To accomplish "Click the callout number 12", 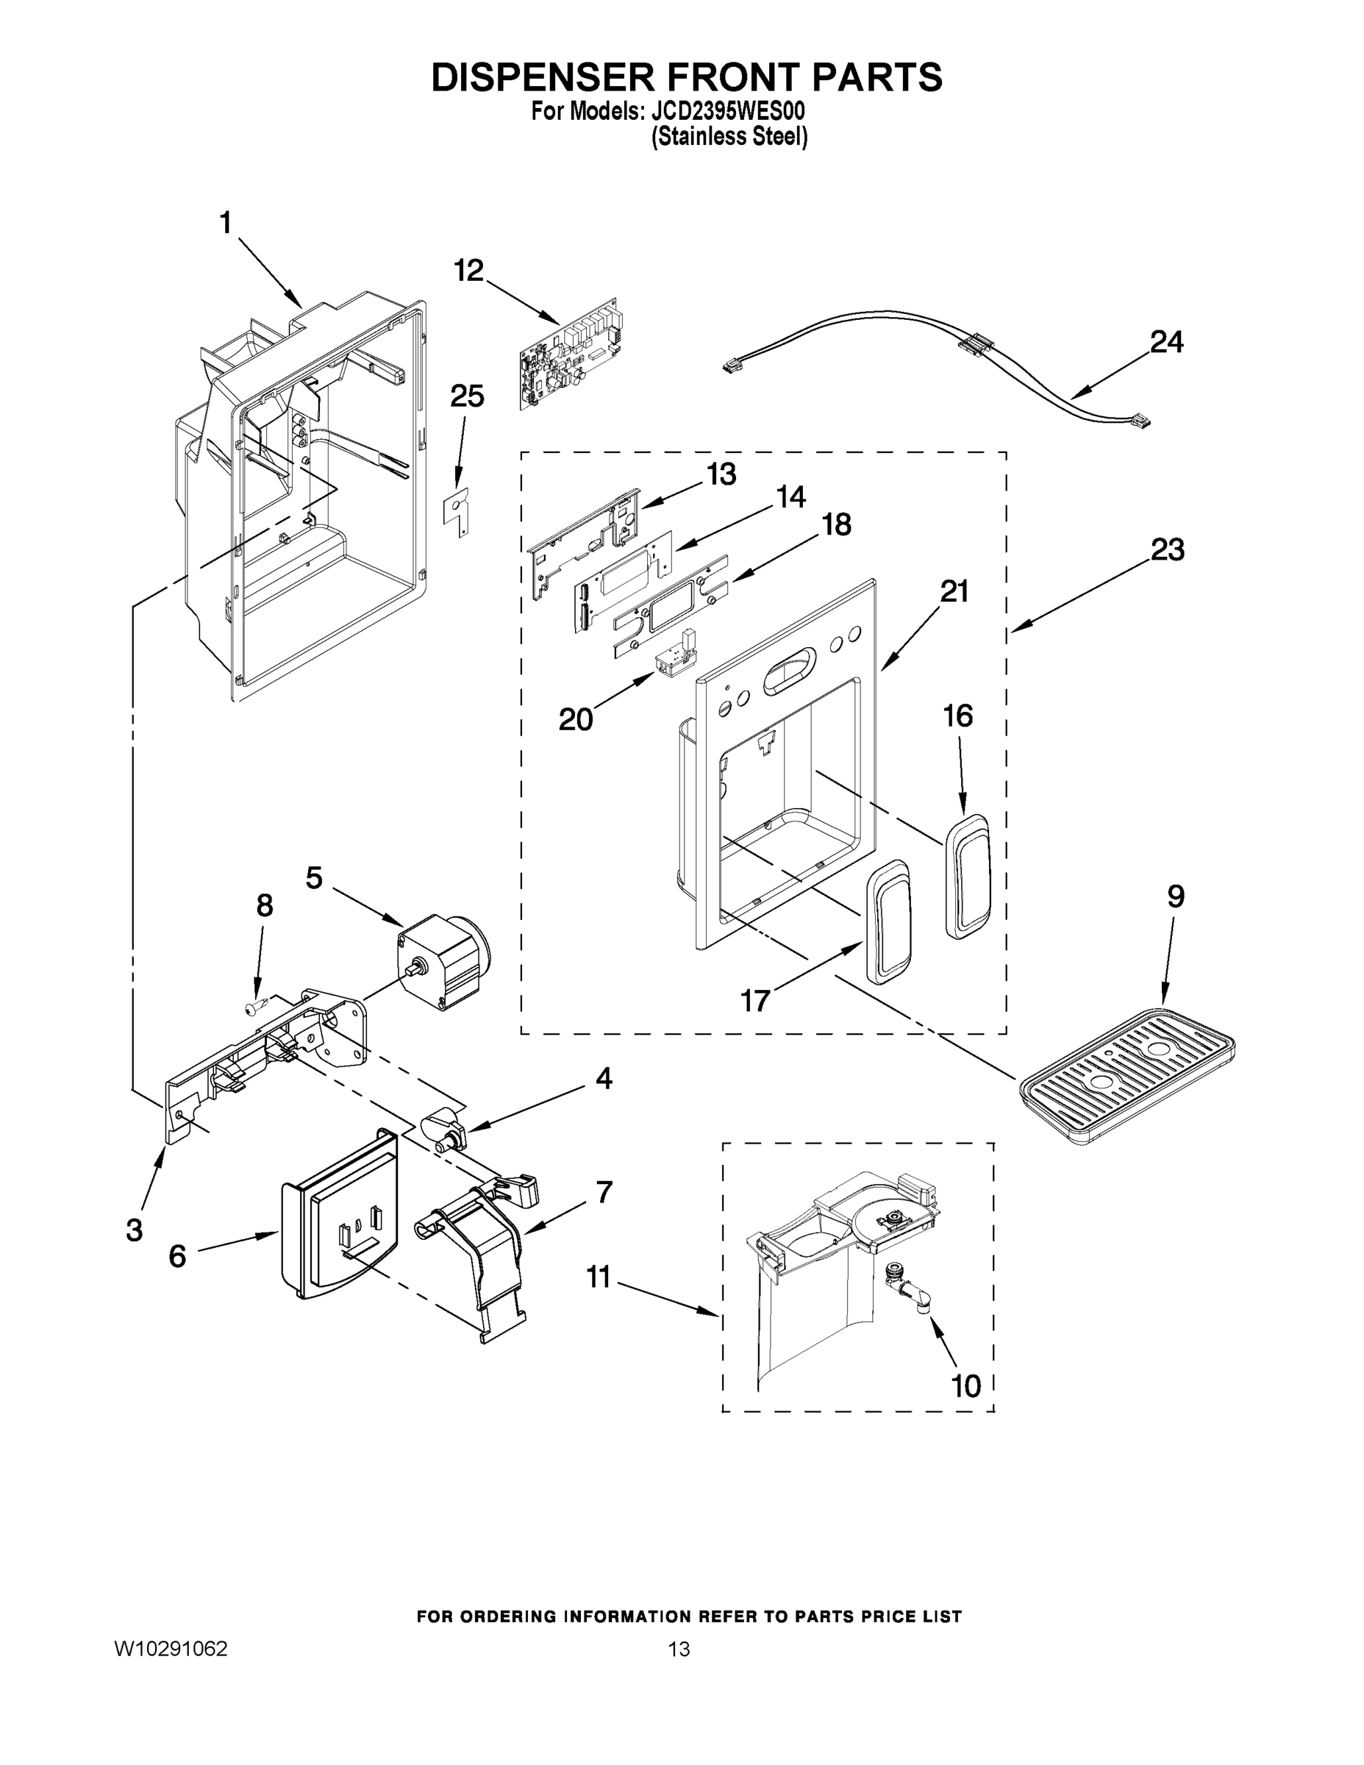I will point(468,270).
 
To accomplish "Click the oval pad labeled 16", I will point(966,876).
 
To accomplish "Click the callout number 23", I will point(1167,549).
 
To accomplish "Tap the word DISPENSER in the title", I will point(542,76).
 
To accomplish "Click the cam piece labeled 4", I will point(443,1129).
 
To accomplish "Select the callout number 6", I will point(177,1256).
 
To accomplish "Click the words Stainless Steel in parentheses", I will point(729,137).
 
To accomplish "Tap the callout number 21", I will point(954,591).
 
